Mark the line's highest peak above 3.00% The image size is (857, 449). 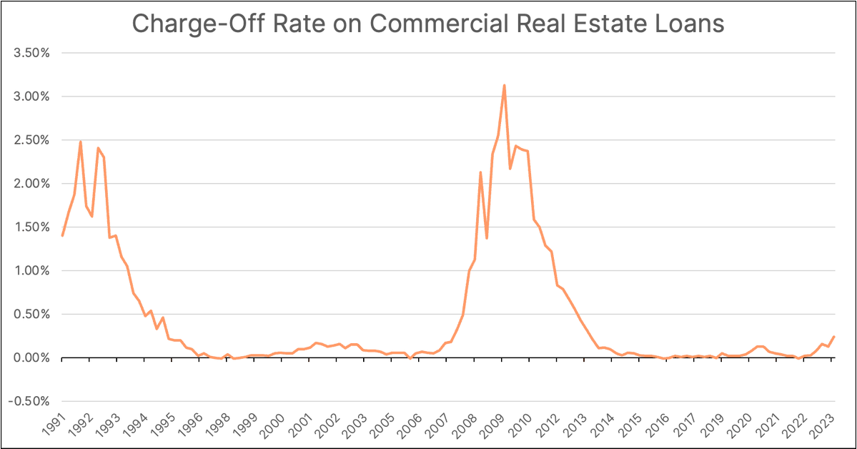click(505, 85)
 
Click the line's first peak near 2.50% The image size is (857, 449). click(80, 142)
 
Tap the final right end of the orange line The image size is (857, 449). click(834, 337)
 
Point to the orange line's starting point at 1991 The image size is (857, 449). click(62, 235)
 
